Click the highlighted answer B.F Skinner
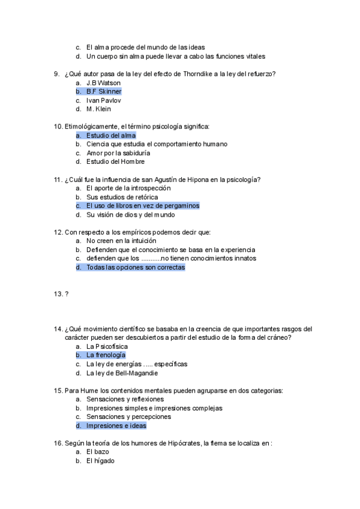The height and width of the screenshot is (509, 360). click(x=104, y=92)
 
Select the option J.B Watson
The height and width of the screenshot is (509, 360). click(x=103, y=83)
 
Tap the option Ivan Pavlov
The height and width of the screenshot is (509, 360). click(x=103, y=100)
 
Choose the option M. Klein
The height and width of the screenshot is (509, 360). click(x=98, y=109)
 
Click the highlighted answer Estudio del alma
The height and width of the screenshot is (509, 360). click(x=111, y=136)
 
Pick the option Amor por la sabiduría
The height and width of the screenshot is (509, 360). click(x=118, y=153)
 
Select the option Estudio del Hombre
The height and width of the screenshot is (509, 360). click(x=115, y=161)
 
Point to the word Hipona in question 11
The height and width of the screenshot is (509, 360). click(x=197, y=179)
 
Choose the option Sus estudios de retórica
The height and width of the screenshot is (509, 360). click(x=122, y=197)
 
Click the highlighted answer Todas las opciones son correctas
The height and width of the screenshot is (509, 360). click(x=136, y=268)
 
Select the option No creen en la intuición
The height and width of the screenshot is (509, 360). click(x=117, y=241)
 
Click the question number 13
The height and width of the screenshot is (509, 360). click(x=58, y=294)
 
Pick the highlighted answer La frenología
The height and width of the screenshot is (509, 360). click(x=106, y=355)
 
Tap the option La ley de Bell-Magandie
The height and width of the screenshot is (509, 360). click(x=122, y=373)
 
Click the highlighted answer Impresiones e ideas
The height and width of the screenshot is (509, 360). click(x=116, y=426)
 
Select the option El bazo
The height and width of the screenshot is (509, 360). click(x=97, y=452)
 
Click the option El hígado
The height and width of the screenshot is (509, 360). click(x=100, y=461)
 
